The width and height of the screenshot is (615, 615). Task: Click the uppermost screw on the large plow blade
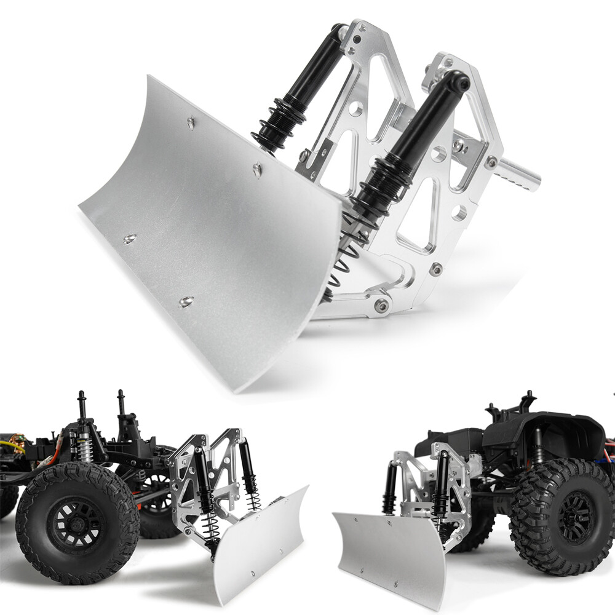[191, 123]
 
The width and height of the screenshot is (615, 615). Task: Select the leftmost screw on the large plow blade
[129, 239]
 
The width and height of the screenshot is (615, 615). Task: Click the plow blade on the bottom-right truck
[391, 560]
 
